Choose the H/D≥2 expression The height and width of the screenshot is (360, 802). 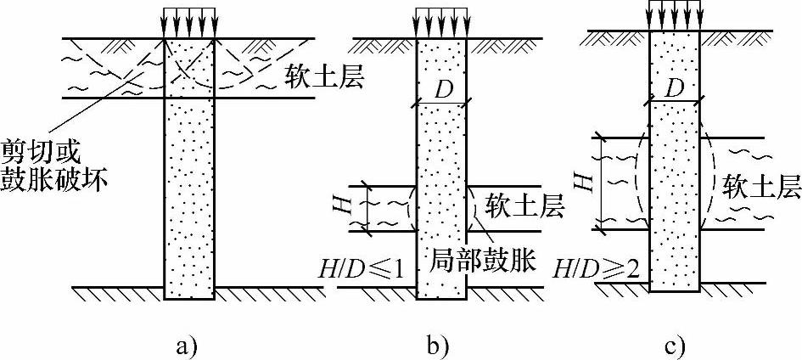[597, 270]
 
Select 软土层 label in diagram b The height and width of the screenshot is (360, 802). [516, 204]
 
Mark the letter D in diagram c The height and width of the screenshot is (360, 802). [675, 85]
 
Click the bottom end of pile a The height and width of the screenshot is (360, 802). [188, 296]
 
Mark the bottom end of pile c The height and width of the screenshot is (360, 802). [674, 290]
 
